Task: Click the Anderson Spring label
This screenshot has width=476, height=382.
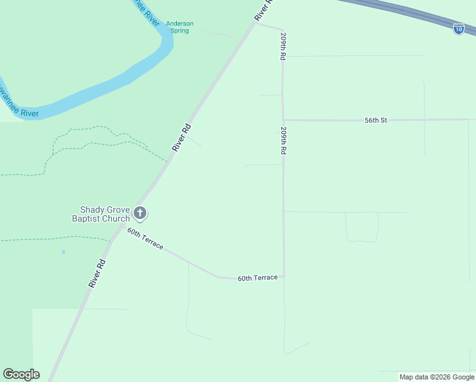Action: click(x=179, y=27)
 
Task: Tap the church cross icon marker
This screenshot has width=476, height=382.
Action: click(x=140, y=213)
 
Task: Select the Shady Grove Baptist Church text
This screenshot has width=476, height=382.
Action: click(x=105, y=214)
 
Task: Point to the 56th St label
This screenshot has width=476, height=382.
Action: click(x=375, y=120)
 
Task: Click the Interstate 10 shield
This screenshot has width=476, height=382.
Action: click(x=458, y=28)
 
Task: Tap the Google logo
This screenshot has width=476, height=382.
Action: click(x=21, y=374)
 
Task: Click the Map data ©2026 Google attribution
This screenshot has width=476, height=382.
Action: click(x=437, y=377)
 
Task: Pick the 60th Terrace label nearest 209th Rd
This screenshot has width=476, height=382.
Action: click(x=258, y=278)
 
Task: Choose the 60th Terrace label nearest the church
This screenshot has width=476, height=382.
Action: click(x=145, y=238)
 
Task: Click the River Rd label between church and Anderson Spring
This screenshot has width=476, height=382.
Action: click(x=181, y=137)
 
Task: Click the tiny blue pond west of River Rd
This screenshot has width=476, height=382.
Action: click(x=63, y=252)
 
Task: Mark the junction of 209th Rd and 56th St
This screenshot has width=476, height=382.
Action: click(x=284, y=120)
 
